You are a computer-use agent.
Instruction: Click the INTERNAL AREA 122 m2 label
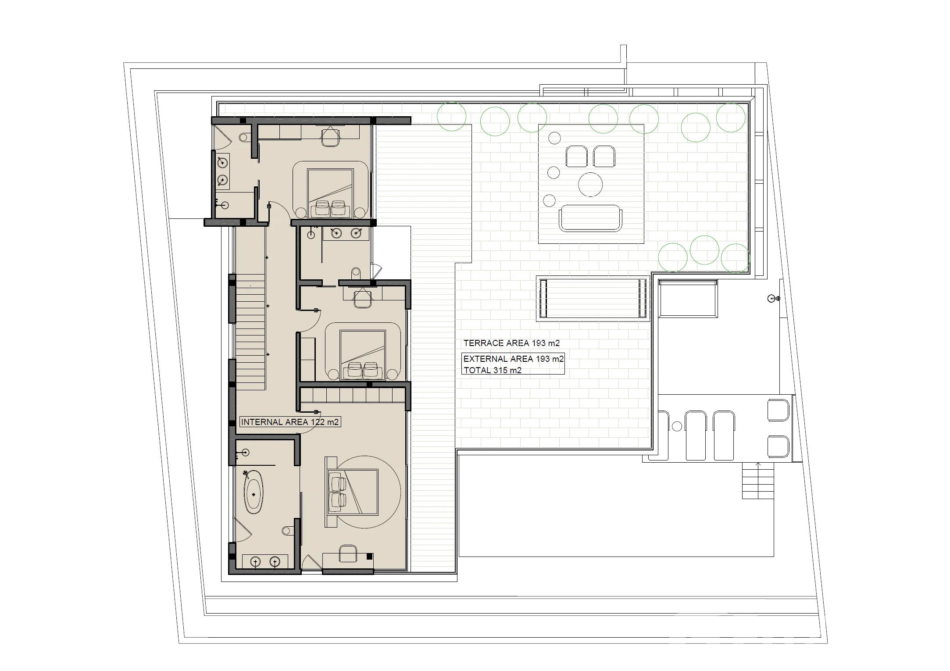click(x=290, y=422)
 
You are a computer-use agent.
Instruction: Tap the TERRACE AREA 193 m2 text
click(x=511, y=343)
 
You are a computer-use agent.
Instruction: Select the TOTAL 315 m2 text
click(x=493, y=370)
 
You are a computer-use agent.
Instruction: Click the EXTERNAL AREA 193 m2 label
click(x=514, y=359)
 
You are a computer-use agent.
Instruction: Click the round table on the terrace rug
click(x=590, y=185)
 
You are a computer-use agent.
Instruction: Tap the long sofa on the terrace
click(x=590, y=218)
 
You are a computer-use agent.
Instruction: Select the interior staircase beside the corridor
click(x=250, y=332)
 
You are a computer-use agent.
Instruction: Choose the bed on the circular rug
click(x=351, y=492)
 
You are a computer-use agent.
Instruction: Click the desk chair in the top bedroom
click(x=331, y=136)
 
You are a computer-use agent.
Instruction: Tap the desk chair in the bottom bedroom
click(x=348, y=553)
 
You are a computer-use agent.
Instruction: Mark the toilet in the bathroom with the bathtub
click(x=289, y=531)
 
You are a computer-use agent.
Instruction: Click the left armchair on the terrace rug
click(x=576, y=157)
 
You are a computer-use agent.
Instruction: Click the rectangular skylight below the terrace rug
click(x=593, y=299)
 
